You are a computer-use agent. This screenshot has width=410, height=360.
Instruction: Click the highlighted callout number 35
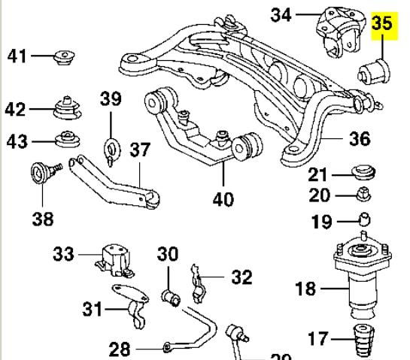(x=382, y=25)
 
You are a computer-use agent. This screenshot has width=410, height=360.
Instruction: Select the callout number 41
(x=17, y=56)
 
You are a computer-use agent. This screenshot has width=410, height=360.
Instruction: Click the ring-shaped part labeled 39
(x=111, y=147)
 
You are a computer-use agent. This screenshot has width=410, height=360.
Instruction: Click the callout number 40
(x=223, y=199)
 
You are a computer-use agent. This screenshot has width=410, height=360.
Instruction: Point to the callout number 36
(x=359, y=139)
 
